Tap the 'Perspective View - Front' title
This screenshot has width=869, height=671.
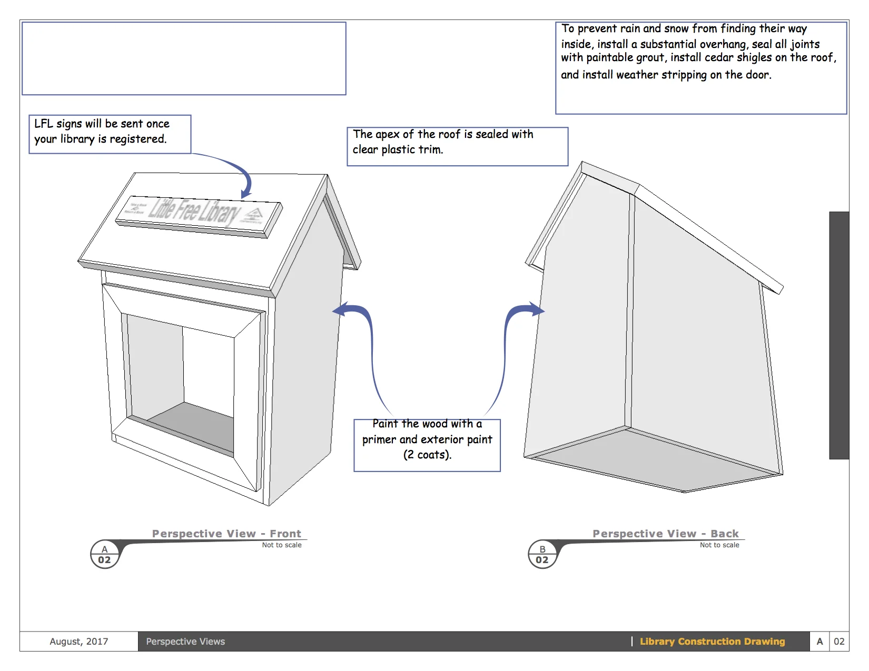(226, 534)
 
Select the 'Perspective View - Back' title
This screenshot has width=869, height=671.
(665, 534)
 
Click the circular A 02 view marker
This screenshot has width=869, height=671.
(104, 554)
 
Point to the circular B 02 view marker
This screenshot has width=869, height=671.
(542, 554)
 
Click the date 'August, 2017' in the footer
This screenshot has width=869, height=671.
(79, 642)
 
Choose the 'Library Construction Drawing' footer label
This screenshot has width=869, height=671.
(712, 642)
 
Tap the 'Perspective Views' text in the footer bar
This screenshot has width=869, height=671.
(185, 642)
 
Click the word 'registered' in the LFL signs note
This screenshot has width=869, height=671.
(137, 139)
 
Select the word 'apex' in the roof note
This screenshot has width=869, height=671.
(388, 135)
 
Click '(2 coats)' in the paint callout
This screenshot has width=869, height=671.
(427, 455)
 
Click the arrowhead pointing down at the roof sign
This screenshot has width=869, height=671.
(245, 194)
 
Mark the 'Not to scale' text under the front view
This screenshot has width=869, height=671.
(282, 545)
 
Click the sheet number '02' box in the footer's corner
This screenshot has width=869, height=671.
(839, 642)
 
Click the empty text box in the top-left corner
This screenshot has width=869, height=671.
(184, 58)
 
